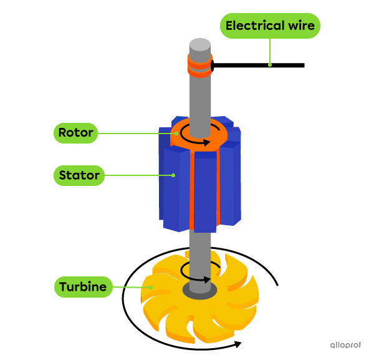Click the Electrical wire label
coord(270,26)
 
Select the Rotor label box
coord(75,133)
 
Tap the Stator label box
coord(79,175)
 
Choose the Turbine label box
coord(84,287)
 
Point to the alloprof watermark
coord(345,344)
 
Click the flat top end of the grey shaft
coord(200,44)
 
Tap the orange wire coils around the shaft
coord(200,65)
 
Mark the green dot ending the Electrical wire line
coord(270,64)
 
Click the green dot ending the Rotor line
coord(178,133)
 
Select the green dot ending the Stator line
coord(174,175)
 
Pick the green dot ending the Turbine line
coord(150,287)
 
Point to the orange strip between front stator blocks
coord(192,193)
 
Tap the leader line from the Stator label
coord(138,175)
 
